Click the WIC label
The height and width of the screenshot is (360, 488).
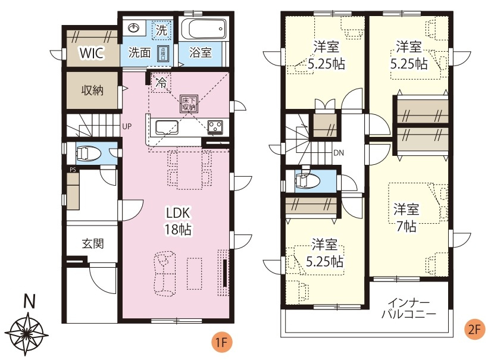pos(93,54)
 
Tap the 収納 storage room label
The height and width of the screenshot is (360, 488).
pos(93,90)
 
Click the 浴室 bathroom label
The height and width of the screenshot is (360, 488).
pos(201,52)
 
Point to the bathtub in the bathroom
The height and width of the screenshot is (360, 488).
pos(203,29)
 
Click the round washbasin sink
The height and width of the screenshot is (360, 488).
pos(135,28)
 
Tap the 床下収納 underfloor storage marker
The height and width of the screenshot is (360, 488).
pos(189,104)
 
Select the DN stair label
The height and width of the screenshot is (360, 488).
pos(338,153)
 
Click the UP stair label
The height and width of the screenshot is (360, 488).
pos(127,126)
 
